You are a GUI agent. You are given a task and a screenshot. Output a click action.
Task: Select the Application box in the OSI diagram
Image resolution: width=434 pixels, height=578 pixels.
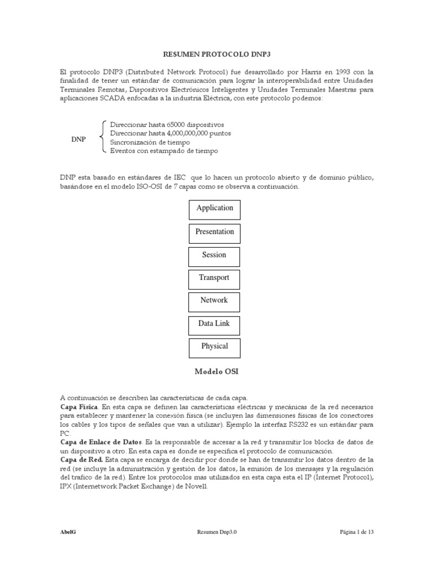[x=214, y=208]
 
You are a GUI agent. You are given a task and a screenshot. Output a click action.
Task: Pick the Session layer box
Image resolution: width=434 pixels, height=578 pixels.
[x=214, y=255]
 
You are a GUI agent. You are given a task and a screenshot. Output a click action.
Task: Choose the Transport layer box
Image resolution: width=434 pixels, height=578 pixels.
[x=214, y=278]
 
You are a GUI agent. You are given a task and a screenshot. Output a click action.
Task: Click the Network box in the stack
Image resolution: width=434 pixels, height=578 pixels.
[x=214, y=301]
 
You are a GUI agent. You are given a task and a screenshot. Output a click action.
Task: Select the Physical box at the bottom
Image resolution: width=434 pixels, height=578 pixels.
[x=214, y=347]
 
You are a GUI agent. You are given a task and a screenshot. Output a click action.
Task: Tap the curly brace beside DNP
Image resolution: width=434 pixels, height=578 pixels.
[x=102, y=137]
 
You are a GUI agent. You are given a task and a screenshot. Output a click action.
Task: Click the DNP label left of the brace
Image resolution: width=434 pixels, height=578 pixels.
[x=78, y=139]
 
